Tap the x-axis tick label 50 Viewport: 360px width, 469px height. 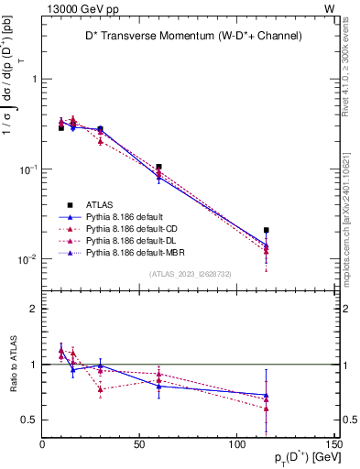pyautogui.click(x=140, y=444)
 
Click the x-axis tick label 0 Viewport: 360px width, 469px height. pyautogui.click(x=43, y=444)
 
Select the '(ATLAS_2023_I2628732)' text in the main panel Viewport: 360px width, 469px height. pyautogui.click(x=189, y=273)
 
